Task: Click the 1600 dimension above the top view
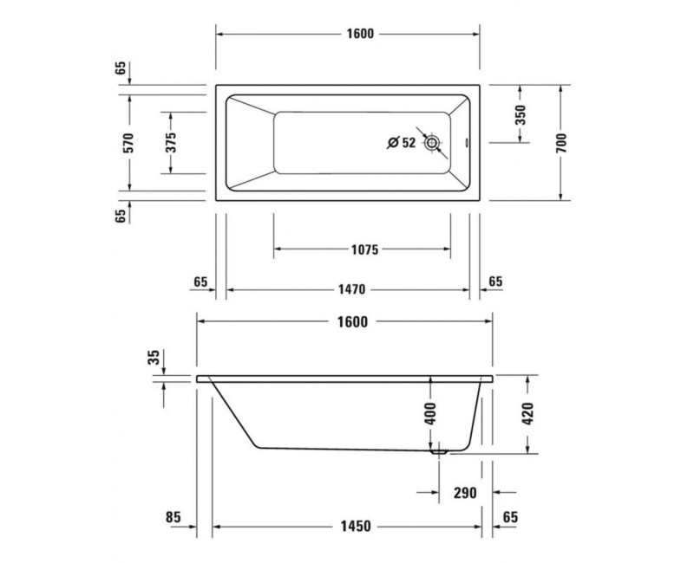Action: point(359,34)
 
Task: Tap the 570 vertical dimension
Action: point(128,143)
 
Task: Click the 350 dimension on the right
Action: point(520,115)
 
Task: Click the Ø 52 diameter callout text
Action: point(401,143)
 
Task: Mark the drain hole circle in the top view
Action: point(432,144)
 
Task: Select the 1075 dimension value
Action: point(363,250)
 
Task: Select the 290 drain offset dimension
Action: point(465,493)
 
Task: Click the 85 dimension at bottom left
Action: point(173,517)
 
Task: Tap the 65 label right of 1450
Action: point(510,517)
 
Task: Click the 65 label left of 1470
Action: point(200,281)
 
